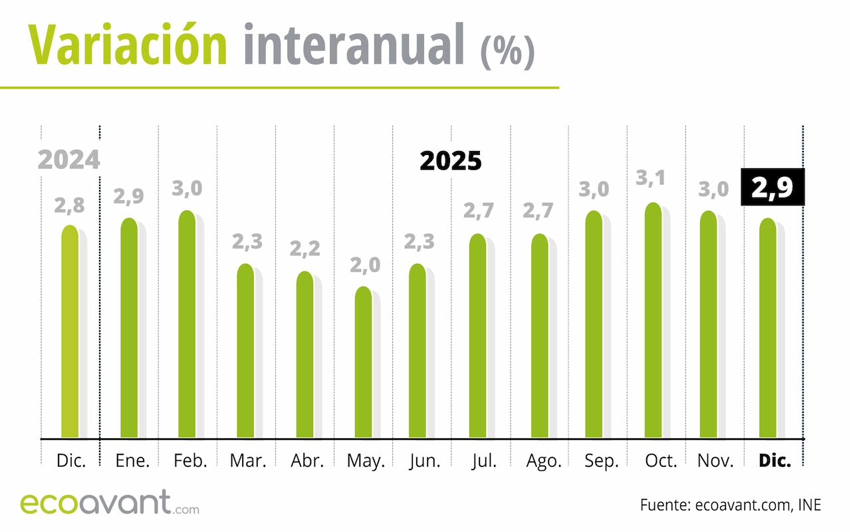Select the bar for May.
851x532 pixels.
point(363,362)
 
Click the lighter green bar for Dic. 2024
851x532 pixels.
point(70,332)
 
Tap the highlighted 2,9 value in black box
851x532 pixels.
point(772,188)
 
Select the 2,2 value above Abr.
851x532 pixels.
point(304,249)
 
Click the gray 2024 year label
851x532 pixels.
point(68,160)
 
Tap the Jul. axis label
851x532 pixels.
point(483,461)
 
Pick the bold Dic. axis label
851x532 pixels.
point(775,461)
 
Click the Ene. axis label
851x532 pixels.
point(132,461)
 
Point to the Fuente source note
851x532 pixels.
point(731,505)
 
